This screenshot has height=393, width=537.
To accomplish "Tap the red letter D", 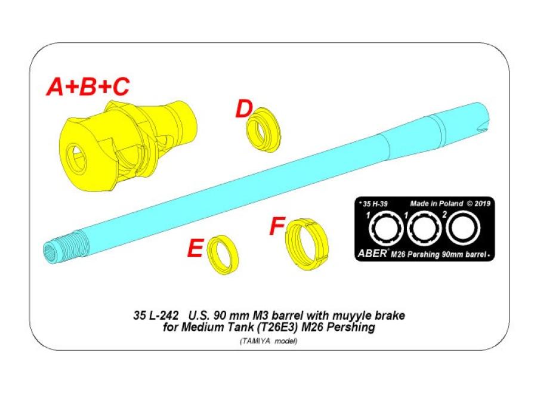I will (x=243, y=110).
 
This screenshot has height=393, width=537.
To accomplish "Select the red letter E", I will (x=195, y=249).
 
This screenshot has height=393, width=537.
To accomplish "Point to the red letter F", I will (x=276, y=227).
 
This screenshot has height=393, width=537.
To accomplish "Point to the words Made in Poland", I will (x=436, y=203).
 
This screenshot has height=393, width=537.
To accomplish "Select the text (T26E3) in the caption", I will (x=284, y=327).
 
